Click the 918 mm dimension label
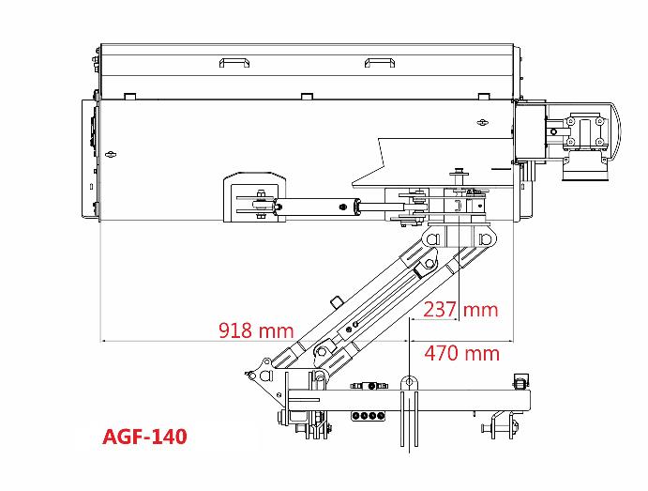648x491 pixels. pos(256,330)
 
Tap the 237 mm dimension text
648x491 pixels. pos(460,310)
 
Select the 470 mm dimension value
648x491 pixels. pos(462,353)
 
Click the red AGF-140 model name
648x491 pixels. pos(144,437)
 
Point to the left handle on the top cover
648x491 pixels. pos(234,63)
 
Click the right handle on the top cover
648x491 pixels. pos(380,63)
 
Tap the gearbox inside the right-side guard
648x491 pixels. pos(585,131)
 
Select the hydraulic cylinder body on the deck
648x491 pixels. pos(315,207)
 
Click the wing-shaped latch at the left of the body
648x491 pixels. pos(111,154)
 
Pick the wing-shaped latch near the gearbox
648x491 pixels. pos(482,122)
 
